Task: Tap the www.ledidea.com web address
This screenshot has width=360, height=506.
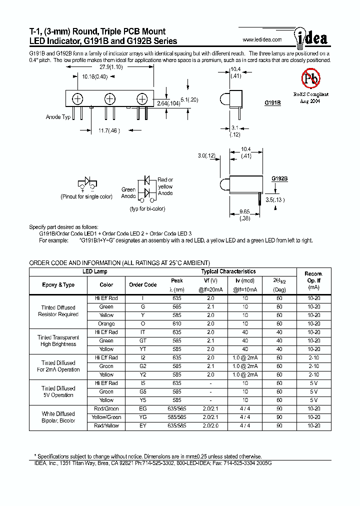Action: (262, 40)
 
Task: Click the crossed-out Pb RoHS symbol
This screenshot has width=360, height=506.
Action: (310, 78)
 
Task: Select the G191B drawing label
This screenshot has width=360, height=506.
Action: (272, 102)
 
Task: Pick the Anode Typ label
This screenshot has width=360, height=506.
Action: (58, 117)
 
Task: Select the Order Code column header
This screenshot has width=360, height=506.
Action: (142, 284)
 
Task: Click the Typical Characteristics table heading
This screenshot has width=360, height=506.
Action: (228, 271)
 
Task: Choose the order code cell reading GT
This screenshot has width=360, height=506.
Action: (142, 340)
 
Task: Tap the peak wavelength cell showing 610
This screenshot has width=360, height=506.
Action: (176, 323)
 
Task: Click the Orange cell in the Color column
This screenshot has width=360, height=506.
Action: (106, 323)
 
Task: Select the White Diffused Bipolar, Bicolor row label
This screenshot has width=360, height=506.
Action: (58, 417)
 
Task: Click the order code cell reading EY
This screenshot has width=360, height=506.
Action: (142, 425)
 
